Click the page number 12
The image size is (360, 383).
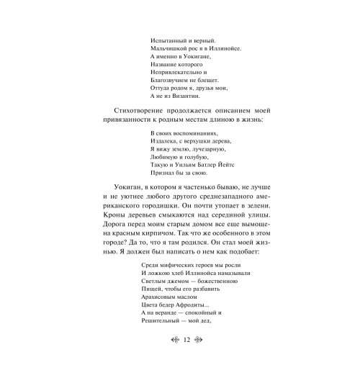[x=186, y=360]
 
